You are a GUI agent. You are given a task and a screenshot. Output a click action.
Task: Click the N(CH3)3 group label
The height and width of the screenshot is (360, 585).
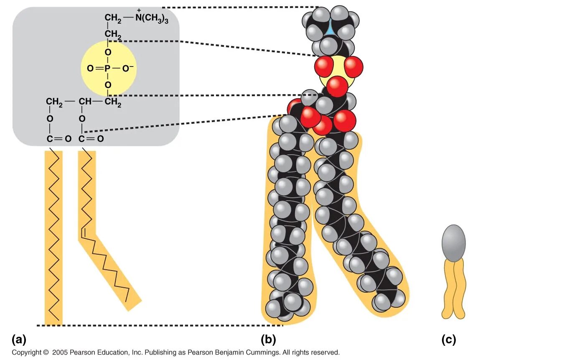tap(152, 18)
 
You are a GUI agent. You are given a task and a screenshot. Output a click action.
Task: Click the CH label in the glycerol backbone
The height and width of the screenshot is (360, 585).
tap(85, 102)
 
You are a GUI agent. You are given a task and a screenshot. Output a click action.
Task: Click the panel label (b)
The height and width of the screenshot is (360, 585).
tap(268, 340)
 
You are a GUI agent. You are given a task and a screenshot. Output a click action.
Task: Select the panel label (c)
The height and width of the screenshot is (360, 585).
tap(448, 340)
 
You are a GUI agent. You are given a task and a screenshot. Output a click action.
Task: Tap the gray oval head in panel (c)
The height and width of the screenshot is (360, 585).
tap(453, 243)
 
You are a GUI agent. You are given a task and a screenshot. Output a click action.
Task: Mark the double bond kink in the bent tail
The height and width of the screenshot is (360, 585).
tap(83, 231)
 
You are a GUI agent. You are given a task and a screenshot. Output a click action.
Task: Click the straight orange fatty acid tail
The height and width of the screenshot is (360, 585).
tap(53, 238)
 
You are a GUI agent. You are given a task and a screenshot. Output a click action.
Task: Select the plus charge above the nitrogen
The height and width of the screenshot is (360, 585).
tap(139, 10)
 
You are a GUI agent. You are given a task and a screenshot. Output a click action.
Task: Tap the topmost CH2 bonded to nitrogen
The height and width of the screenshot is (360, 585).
tap(113, 18)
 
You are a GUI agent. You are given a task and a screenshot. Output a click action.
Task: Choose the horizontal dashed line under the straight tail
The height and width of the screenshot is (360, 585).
tap(159, 325)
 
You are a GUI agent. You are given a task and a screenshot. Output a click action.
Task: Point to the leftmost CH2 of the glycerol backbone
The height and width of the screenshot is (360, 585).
tap(54, 102)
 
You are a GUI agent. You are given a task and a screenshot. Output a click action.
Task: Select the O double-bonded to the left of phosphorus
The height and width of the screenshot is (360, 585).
tap(90, 68)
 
